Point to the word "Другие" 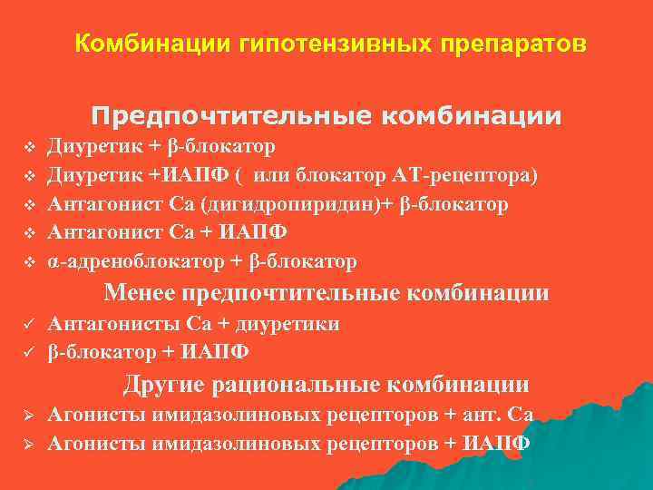click(162, 385)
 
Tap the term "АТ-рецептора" click(474, 175)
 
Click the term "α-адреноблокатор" click(136, 262)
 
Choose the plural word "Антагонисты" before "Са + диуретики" click(115, 324)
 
